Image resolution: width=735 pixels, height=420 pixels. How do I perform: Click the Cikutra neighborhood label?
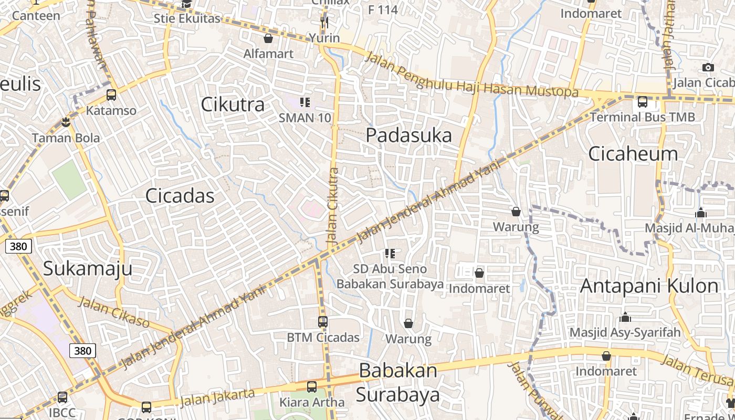[x=233, y=104]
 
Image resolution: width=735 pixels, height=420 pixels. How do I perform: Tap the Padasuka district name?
[x=408, y=135]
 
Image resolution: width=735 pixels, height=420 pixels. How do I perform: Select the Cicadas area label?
[x=180, y=196]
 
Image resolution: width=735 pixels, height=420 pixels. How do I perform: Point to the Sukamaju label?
[x=87, y=268]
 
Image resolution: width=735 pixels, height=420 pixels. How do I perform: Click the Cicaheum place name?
[x=633, y=154]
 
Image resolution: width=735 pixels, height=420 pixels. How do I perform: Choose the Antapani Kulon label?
[x=649, y=286]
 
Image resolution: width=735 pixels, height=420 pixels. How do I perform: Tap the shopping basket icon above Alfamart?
[x=268, y=38]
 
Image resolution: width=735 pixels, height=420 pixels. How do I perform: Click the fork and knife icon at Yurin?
[x=324, y=22]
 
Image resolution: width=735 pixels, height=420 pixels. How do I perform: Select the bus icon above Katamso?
[x=111, y=95]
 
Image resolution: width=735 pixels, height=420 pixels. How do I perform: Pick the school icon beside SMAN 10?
[x=304, y=102]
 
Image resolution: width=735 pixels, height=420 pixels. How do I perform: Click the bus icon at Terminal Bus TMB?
[x=642, y=102]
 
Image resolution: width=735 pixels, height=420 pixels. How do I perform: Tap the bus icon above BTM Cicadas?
[x=323, y=322]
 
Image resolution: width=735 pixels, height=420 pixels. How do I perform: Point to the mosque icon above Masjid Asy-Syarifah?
[x=625, y=318]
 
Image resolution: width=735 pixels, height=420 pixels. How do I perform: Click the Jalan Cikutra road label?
[x=332, y=206]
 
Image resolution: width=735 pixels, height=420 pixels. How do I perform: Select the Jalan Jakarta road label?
[x=217, y=397]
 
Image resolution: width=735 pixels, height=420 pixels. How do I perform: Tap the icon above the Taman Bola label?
[x=66, y=123]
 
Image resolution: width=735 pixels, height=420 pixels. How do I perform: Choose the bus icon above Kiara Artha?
[x=311, y=387]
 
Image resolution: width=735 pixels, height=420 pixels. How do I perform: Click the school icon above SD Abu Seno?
[x=390, y=254]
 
